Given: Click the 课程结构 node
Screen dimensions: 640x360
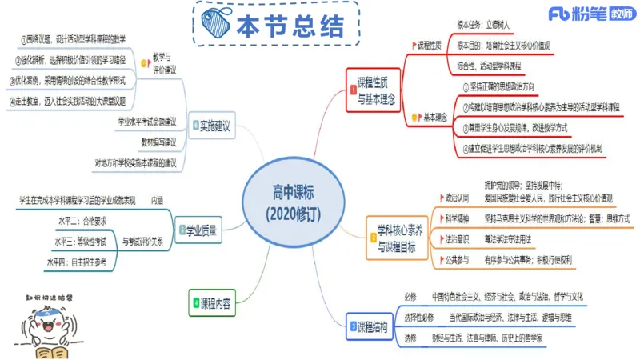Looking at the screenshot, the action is [374, 326].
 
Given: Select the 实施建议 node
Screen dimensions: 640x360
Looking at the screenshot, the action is [213, 126].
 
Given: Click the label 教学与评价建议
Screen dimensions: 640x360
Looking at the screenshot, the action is [168, 65].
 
